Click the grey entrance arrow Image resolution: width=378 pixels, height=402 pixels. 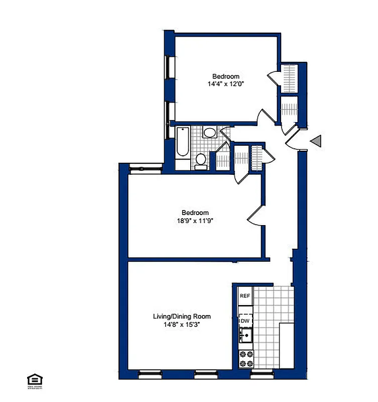click(x=316, y=142)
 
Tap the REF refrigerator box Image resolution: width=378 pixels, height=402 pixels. click(x=245, y=296)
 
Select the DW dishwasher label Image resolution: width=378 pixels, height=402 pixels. click(x=245, y=320)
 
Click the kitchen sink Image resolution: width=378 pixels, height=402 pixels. click(x=245, y=334)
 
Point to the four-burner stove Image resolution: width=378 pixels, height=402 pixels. click(x=245, y=358)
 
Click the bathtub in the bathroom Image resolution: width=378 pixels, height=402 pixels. click(x=183, y=149)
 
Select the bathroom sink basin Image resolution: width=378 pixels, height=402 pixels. click(x=209, y=133)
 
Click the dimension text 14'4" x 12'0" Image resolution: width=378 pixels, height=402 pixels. click(x=225, y=84)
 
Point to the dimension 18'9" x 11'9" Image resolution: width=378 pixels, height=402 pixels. click(x=195, y=220)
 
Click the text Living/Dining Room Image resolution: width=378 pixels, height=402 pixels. click(x=182, y=317)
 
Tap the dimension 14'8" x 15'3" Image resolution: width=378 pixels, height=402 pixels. click(x=182, y=325)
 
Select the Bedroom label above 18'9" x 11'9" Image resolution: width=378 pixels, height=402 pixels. click(x=195, y=213)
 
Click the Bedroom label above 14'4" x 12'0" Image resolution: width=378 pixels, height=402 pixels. click(x=225, y=76)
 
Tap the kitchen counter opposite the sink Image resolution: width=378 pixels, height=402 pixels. click(x=286, y=345)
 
